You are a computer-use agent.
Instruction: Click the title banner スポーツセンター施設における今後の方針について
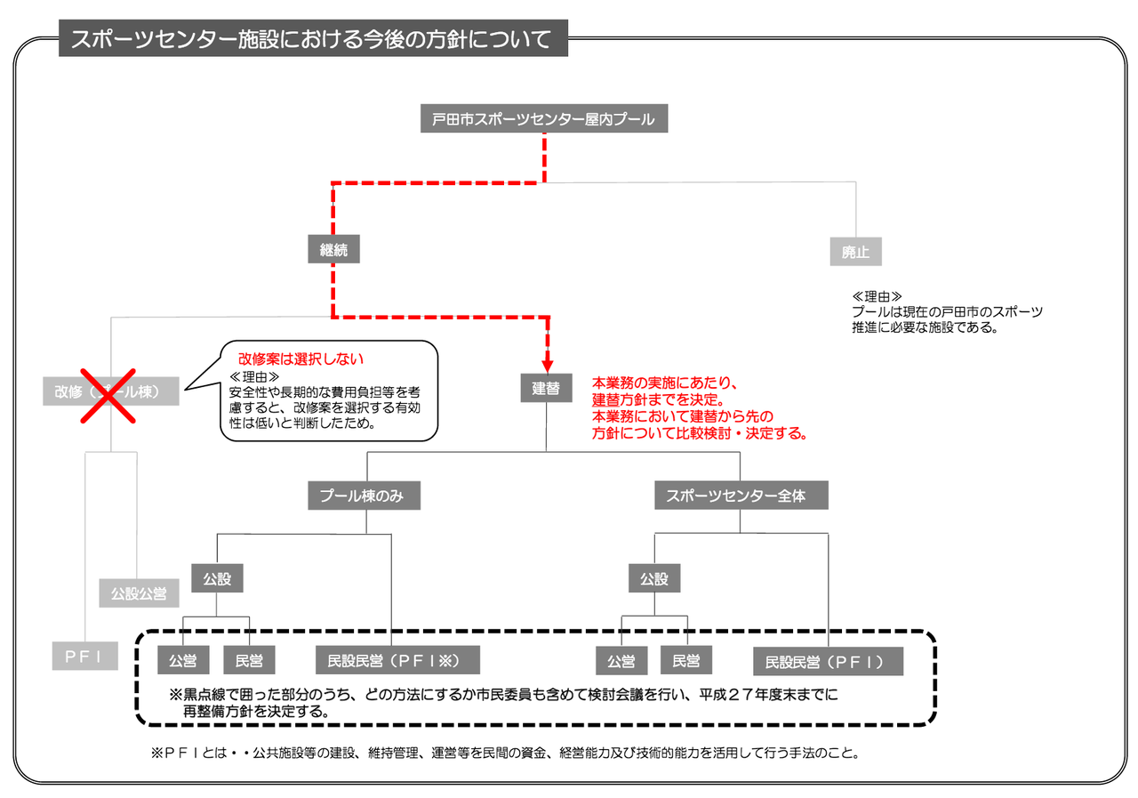point(313,40)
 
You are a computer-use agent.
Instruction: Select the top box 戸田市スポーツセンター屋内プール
point(543,119)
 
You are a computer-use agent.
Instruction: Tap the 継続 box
point(334,251)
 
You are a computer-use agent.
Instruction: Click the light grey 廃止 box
point(855,252)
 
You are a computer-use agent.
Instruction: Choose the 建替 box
point(547,388)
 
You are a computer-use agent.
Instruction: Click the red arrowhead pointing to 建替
point(547,365)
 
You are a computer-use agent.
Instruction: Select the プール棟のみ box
point(363,496)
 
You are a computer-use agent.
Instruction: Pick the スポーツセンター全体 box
point(741,496)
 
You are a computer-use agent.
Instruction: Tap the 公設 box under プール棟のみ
point(217,579)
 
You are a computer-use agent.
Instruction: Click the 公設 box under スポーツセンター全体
point(653,579)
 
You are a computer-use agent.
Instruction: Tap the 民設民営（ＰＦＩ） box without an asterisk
point(828,661)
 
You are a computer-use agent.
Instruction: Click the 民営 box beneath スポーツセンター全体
point(685,660)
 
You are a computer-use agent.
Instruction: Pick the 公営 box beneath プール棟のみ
point(183,660)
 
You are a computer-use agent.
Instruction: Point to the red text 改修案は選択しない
point(301,360)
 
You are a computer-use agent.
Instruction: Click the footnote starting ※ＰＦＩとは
point(505,753)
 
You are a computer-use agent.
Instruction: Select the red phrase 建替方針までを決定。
point(659,400)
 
